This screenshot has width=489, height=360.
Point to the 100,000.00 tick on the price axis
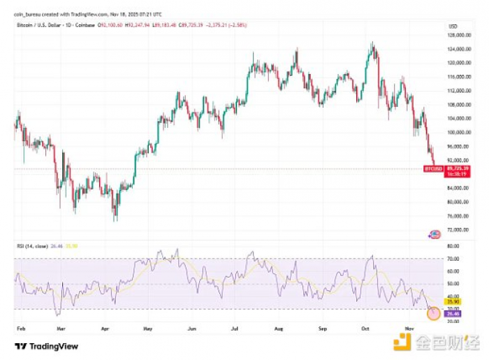pos(458,132)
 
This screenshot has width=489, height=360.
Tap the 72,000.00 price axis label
pos(458,229)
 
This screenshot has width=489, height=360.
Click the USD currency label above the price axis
pos(453,26)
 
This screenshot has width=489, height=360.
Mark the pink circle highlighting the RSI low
pos(433,314)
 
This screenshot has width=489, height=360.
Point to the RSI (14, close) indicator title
pos(29,245)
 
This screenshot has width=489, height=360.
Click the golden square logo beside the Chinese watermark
pos(401,343)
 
